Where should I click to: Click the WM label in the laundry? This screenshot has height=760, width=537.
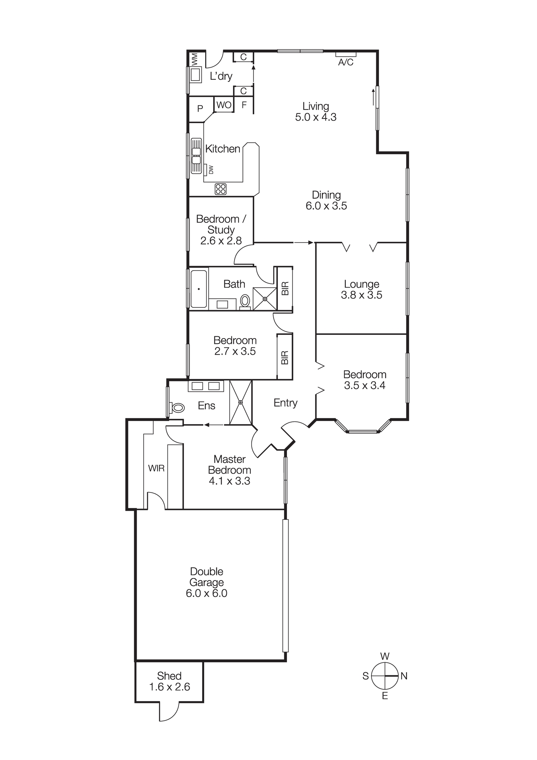point(195,59)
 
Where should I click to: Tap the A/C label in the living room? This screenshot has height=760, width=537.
point(346,62)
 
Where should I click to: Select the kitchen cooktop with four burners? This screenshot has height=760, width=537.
point(220,189)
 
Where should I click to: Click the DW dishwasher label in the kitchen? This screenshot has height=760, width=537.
point(211,169)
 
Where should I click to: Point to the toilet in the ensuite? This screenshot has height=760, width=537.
point(177,408)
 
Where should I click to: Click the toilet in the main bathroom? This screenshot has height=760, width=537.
point(245,301)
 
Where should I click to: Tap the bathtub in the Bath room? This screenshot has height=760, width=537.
point(198,289)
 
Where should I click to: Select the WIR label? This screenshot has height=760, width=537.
point(156,468)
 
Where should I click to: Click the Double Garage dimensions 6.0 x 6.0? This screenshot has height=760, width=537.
point(206,593)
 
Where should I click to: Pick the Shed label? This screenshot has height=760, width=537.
point(169,676)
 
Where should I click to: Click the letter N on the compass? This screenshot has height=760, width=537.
point(404,676)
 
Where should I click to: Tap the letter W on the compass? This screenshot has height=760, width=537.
point(385,656)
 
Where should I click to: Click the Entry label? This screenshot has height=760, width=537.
point(285,403)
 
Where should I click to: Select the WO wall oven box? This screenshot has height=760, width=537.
point(224,105)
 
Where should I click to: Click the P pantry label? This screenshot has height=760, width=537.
point(200,109)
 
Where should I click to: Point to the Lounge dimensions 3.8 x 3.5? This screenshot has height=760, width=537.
point(361,295)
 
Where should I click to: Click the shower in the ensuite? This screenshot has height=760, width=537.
point(241,402)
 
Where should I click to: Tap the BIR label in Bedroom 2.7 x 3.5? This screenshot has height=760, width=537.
point(285,357)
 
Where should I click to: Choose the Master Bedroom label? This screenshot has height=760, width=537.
point(230,464)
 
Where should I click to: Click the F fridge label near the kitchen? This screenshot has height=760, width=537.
point(244,105)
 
